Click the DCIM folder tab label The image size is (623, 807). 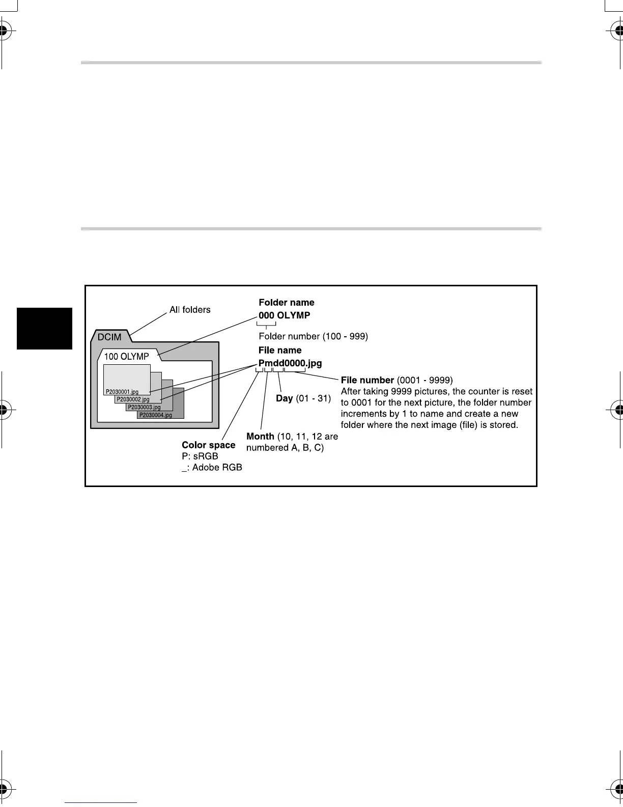click(x=109, y=337)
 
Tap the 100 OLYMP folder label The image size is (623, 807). click(x=126, y=357)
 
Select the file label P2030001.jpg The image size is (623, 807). click(x=122, y=392)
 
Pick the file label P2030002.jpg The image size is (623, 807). click(x=133, y=400)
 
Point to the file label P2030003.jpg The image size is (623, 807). click(x=145, y=408)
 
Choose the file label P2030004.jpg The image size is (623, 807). click(x=156, y=415)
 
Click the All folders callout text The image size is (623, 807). click(x=190, y=310)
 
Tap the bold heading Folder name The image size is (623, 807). click(x=287, y=303)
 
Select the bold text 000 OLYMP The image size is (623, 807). click(x=285, y=315)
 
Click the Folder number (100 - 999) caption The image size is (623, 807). click(x=314, y=336)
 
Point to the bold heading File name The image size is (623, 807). click(x=280, y=351)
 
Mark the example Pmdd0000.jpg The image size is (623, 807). click(x=290, y=364)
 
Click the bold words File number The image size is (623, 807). click(x=367, y=380)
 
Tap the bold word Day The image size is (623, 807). click(x=284, y=398)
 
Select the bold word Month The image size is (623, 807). click(x=260, y=437)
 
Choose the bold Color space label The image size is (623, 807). click(x=209, y=445)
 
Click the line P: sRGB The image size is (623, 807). click(x=200, y=456)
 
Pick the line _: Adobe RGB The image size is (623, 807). click(x=212, y=468)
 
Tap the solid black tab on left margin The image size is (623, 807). click(x=45, y=329)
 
